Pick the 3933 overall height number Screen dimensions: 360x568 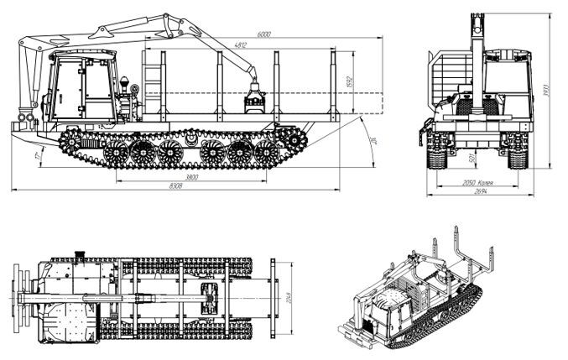pyautogui.click(x=549, y=92)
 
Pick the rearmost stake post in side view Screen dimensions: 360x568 pyautogui.click(x=333, y=84)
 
